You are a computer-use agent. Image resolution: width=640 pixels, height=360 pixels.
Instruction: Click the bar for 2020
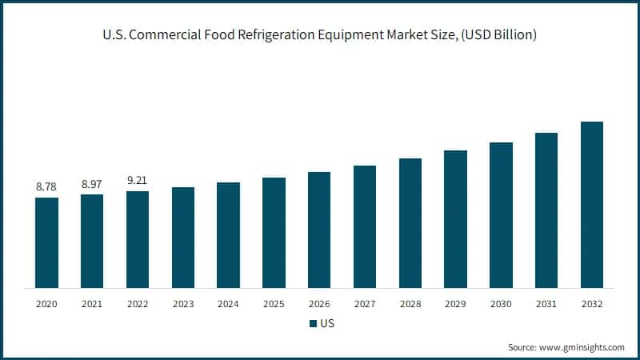pyautogui.click(x=46, y=242)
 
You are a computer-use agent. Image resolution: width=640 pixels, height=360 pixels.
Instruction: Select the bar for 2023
pyautogui.click(x=183, y=238)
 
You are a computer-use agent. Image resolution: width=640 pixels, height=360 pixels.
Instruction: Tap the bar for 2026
pyautogui.click(x=319, y=230)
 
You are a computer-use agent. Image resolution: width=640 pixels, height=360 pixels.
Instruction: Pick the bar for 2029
pyautogui.click(x=455, y=218)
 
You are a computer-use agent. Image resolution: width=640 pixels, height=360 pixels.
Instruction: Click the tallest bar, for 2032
pyautogui.click(x=592, y=205)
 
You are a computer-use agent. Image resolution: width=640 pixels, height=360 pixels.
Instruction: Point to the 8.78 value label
pyautogui.click(x=46, y=186)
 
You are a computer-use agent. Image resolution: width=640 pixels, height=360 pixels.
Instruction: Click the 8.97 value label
pyautogui.click(x=92, y=184)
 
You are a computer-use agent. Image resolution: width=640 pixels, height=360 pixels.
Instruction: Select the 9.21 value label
pyautogui.click(x=138, y=181)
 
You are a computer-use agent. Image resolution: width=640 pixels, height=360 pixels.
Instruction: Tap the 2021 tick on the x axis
pyautogui.click(x=92, y=304)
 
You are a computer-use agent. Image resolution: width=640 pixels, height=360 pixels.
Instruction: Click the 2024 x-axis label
pyautogui.click(x=228, y=304)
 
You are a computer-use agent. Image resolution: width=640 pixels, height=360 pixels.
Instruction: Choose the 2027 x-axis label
pyautogui.click(x=365, y=304)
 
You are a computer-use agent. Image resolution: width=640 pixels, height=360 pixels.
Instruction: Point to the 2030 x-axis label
pyautogui.click(x=501, y=304)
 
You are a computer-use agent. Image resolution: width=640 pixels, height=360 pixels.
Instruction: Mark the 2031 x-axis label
pyautogui.click(x=546, y=304)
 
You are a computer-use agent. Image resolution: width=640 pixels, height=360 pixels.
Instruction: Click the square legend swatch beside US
pyautogui.click(x=312, y=324)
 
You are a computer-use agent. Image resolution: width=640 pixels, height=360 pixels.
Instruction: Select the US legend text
pyautogui.click(x=326, y=324)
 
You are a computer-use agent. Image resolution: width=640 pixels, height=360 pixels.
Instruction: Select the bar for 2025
pyautogui.click(x=274, y=233)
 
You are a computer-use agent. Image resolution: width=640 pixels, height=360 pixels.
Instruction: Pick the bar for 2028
pyautogui.click(x=410, y=223)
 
